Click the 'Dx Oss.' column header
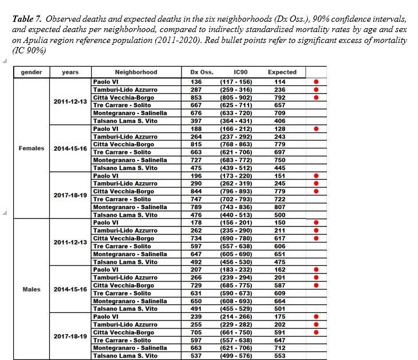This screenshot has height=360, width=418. click(202, 72)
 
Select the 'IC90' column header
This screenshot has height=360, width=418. click(240, 72)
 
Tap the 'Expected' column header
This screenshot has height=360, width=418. click(282, 72)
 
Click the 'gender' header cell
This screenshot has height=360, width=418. click(31, 72)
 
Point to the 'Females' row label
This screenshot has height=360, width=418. click(31, 148)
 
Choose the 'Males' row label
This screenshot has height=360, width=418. click(31, 289)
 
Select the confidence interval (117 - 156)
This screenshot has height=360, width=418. click(240, 82)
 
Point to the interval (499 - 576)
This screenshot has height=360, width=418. click(240, 356)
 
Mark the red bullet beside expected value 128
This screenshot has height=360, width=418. click(316, 129)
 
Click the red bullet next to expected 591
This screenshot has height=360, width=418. click(316, 332)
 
